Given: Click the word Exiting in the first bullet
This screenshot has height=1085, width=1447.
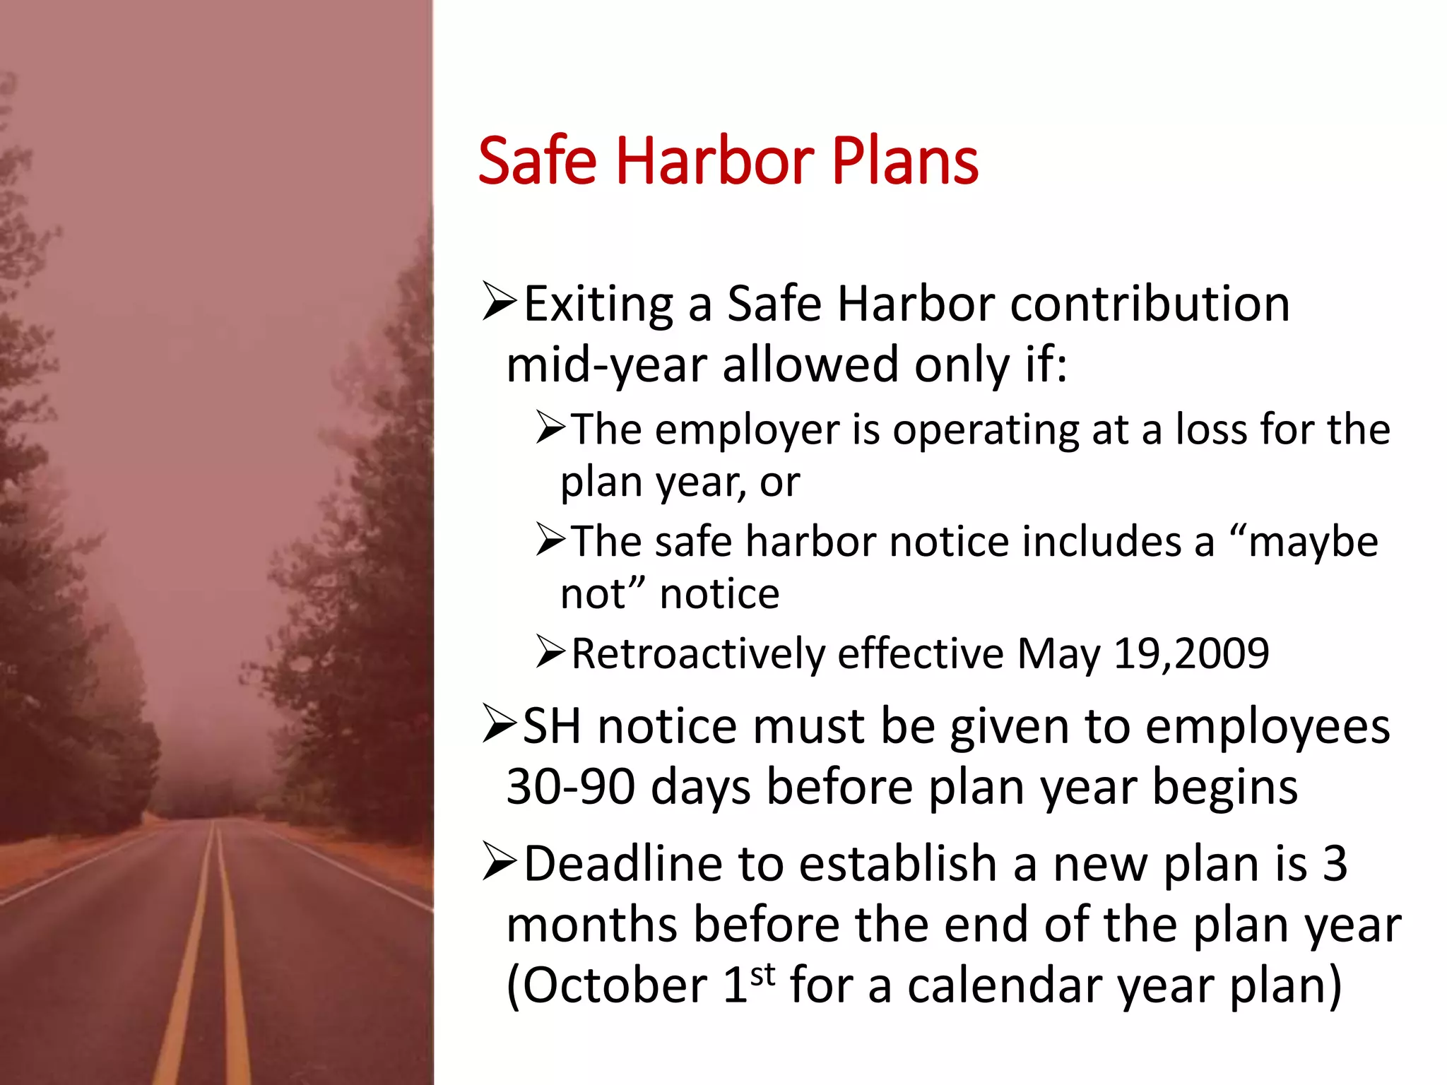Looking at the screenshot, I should (598, 304).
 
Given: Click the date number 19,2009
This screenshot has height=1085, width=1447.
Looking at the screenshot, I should (1191, 653).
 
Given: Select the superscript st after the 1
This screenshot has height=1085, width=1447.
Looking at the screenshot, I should (763, 975).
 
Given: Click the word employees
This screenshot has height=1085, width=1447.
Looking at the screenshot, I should (1268, 727).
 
